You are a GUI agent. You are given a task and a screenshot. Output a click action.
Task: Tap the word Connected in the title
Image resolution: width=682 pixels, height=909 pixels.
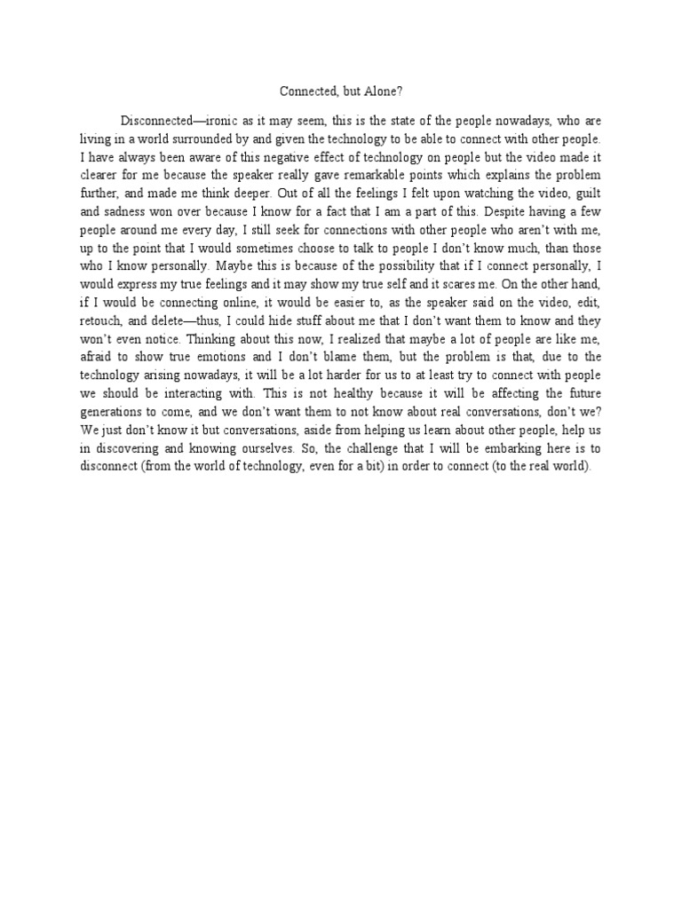306,91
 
